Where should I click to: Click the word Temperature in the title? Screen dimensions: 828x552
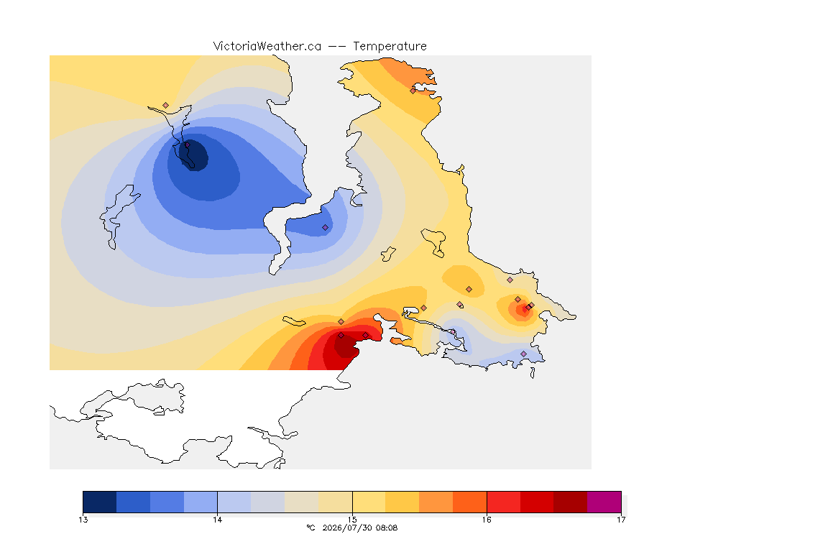pyautogui.click(x=390, y=47)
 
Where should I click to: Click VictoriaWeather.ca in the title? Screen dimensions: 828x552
pyautogui.click(x=267, y=47)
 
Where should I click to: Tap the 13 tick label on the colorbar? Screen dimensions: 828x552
pyautogui.click(x=83, y=520)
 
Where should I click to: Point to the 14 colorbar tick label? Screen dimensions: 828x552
pyautogui.click(x=218, y=520)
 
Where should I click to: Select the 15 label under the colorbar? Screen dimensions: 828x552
pyautogui.click(x=352, y=520)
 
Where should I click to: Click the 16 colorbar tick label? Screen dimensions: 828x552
pyautogui.click(x=487, y=520)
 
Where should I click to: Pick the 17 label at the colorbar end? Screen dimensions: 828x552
pyautogui.click(x=621, y=520)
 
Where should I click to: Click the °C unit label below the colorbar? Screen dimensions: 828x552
pyautogui.click(x=310, y=528)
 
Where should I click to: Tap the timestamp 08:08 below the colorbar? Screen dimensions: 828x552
pyautogui.click(x=387, y=528)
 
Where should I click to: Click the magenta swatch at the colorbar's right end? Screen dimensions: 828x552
pyautogui.click(x=604, y=502)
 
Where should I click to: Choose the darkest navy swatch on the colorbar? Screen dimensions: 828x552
pyautogui.click(x=100, y=502)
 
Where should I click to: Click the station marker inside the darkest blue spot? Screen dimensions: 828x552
pyautogui.click(x=187, y=144)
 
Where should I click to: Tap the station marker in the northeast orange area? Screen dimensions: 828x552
pyautogui.click(x=413, y=91)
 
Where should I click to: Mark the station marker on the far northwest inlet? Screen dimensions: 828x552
pyautogui.click(x=166, y=106)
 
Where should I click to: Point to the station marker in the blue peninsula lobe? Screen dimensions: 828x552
pyautogui.click(x=326, y=228)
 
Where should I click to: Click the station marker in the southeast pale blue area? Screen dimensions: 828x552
pyautogui.click(x=524, y=354)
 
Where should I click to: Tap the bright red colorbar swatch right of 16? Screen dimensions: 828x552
pyautogui.click(x=503, y=502)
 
